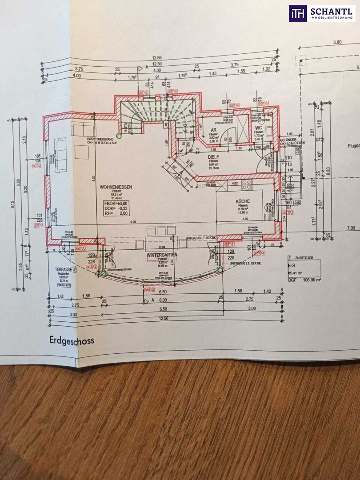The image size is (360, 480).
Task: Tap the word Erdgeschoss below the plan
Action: (x=69, y=340)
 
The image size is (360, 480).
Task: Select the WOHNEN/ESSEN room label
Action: (x=114, y=188)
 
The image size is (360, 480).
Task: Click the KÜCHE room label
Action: (x=243, y=201)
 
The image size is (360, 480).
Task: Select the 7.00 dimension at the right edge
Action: (x=351, y=228)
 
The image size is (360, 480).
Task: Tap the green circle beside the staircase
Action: (x=119, y=135)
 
